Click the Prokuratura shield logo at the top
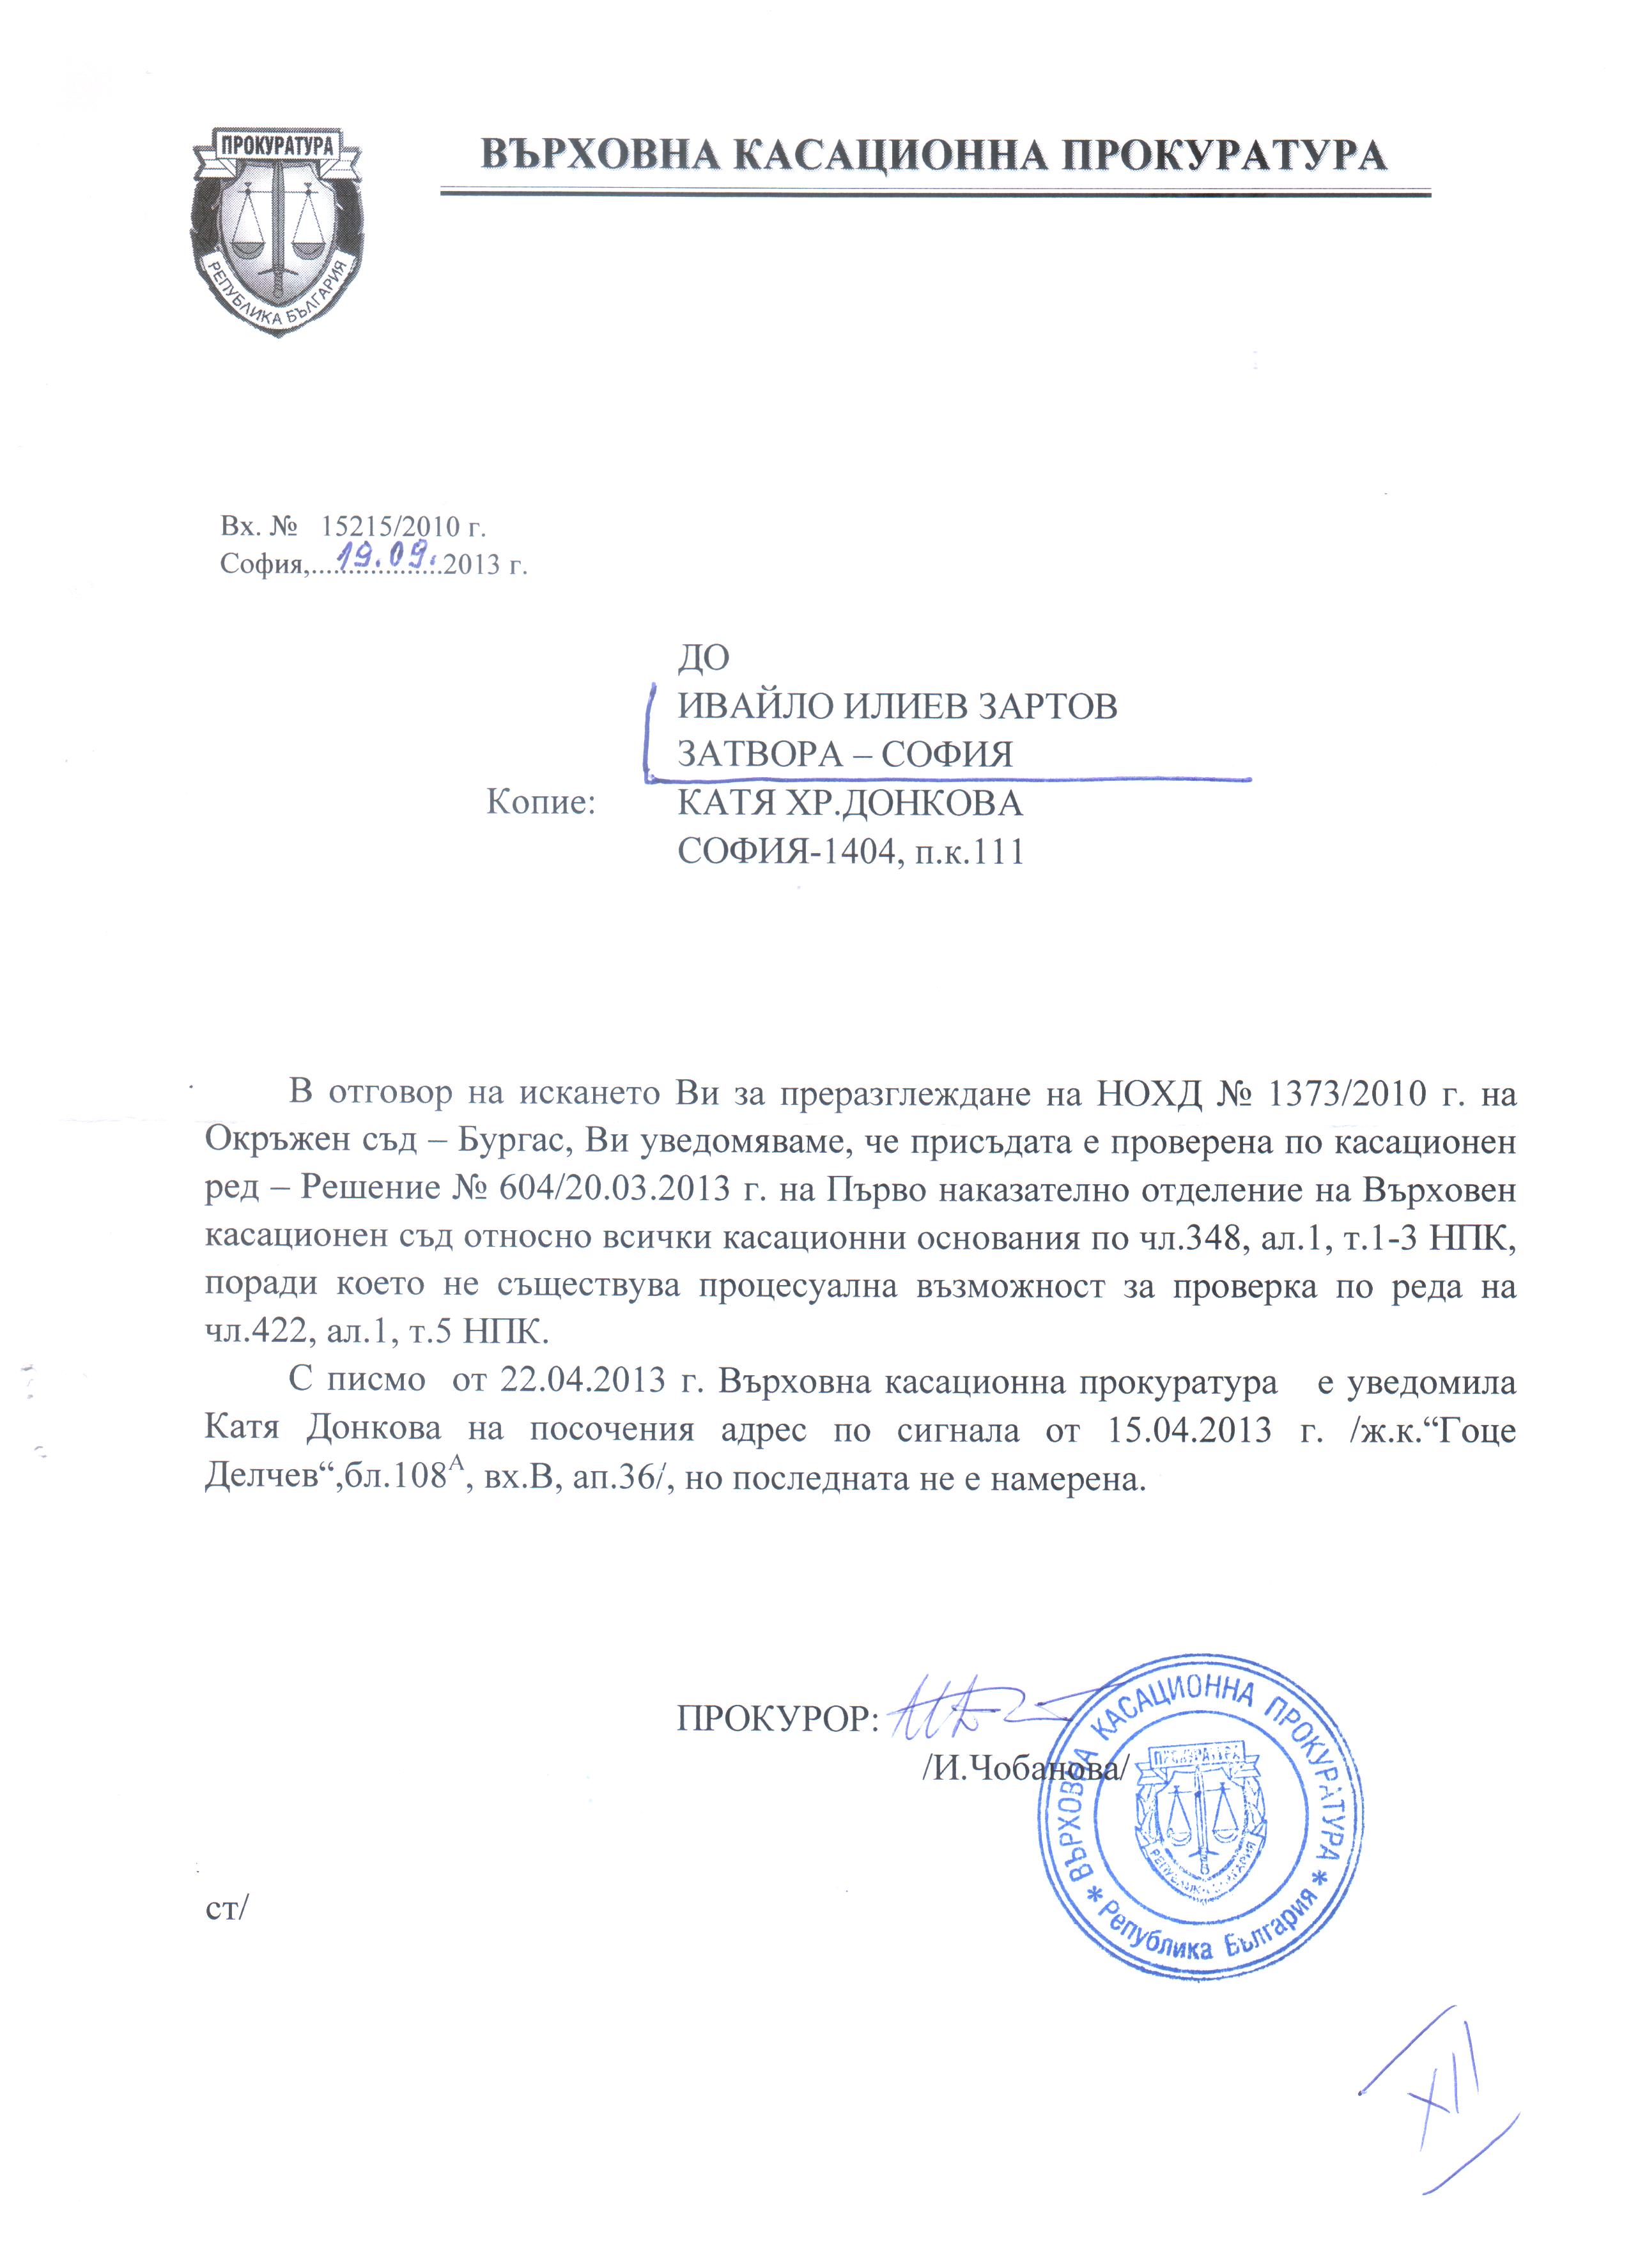coord(276,231)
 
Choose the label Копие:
coord(541,802)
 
